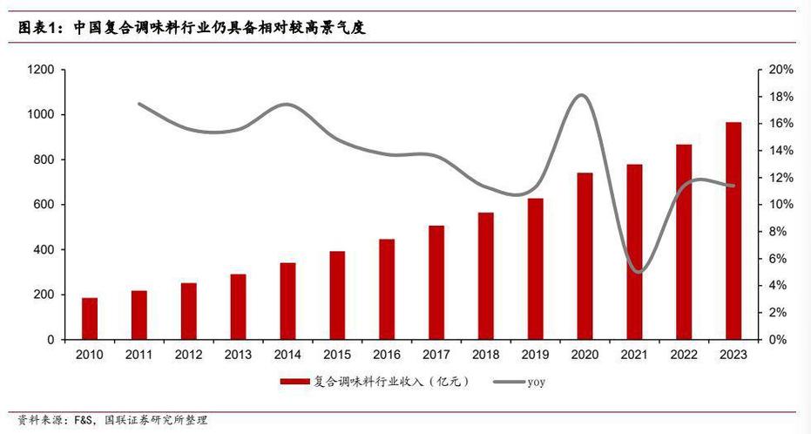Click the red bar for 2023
point(734,231)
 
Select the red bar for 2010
point(90,318)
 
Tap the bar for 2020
point(585,256)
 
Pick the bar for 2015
point(337,295)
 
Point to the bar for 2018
point(486,275)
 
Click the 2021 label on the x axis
point(634,355)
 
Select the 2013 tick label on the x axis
point(238,355)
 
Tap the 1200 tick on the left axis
point(40,70)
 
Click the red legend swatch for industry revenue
point(296,382)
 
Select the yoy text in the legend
point(536,382)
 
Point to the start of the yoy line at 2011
point(139,104)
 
